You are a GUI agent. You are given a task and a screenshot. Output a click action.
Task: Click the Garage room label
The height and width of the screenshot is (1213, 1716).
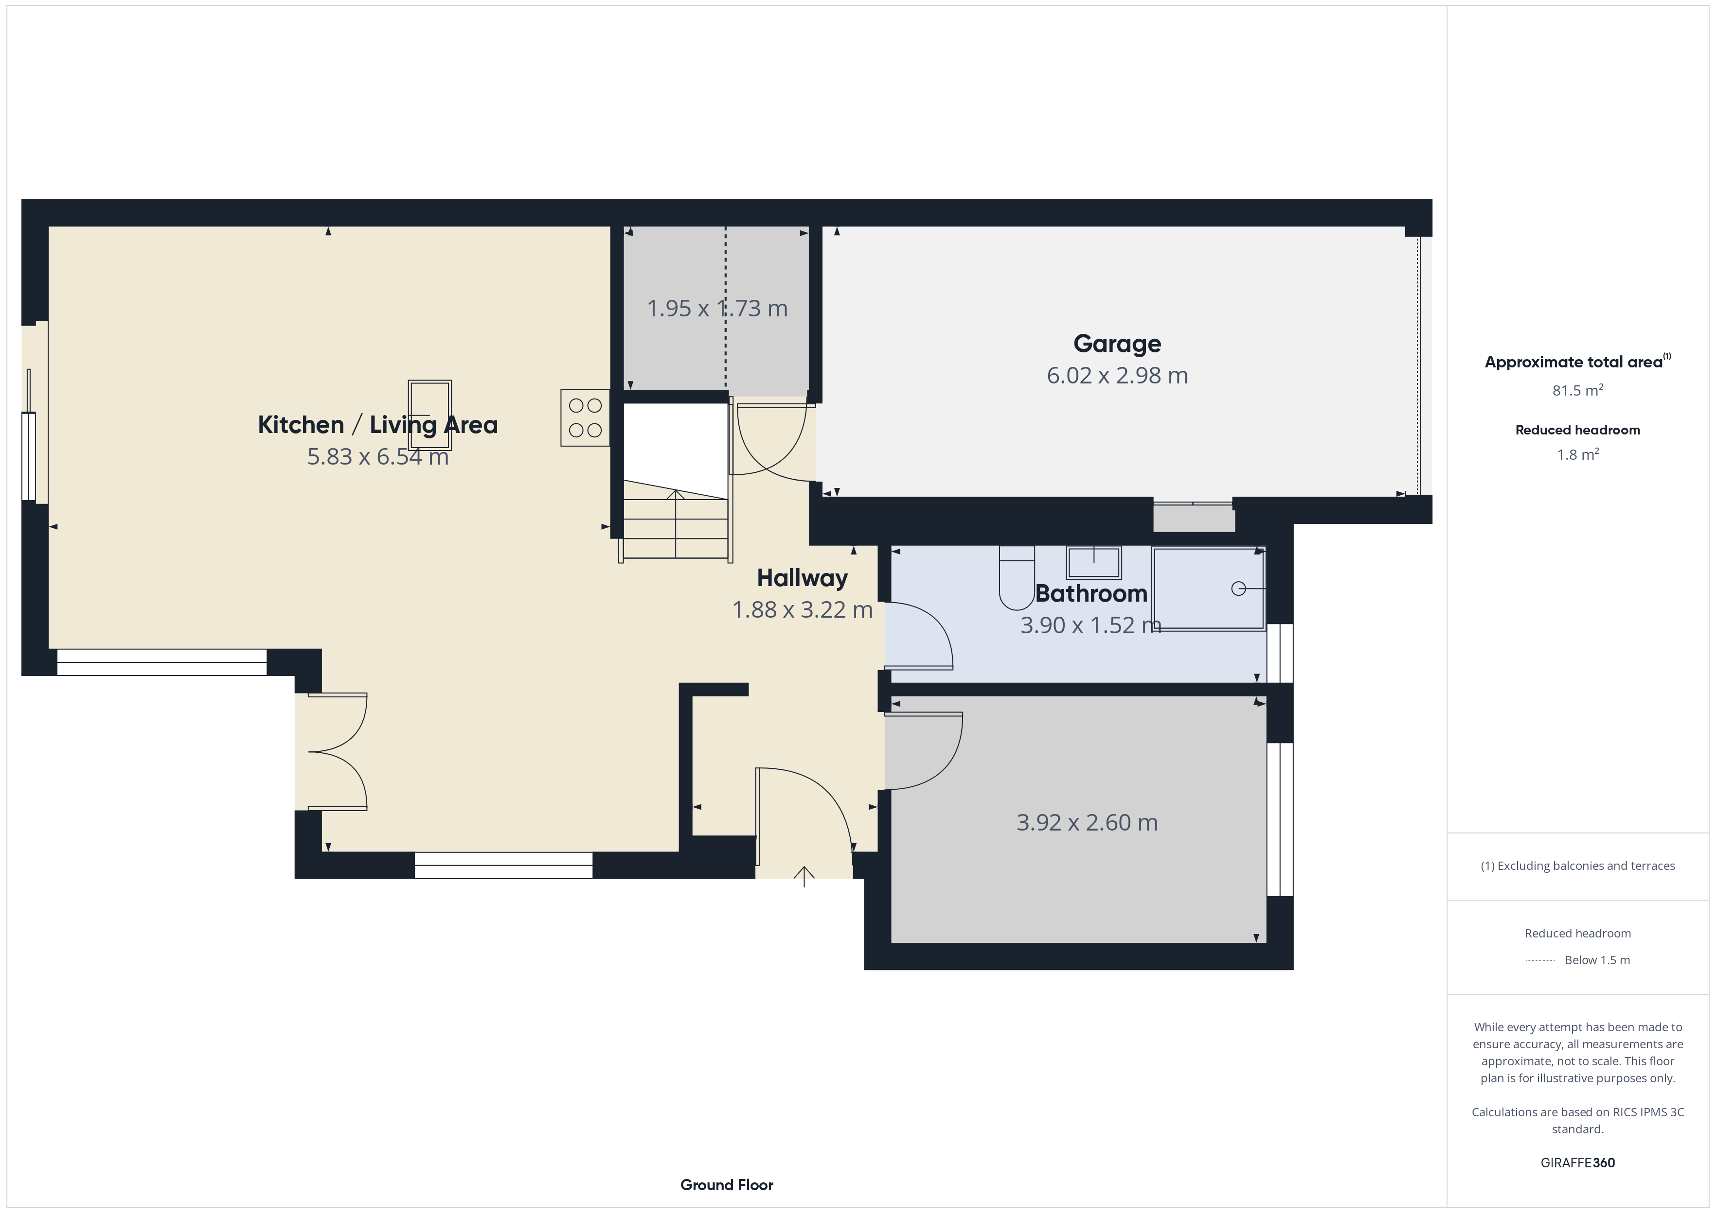click(x=1117, y=344)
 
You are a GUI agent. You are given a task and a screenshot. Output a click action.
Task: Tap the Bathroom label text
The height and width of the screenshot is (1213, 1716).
click(x=1091, y=594)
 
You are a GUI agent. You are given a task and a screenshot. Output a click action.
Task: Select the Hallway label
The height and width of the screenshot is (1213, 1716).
click(x=802, y=578)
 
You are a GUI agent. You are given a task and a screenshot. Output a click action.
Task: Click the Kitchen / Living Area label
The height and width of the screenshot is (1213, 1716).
click(x=377, y=425)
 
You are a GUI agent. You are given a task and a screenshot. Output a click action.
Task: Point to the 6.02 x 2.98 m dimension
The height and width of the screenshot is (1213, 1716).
click(x=1117, y=376)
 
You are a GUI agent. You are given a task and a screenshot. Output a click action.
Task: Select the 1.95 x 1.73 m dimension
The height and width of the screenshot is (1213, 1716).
click(x=717, y=309)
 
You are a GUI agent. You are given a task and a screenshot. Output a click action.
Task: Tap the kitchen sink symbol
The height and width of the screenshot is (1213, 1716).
click(x=430, y=415)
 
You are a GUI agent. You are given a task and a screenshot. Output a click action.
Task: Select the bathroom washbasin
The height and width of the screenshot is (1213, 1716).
click(x=1093, y=562)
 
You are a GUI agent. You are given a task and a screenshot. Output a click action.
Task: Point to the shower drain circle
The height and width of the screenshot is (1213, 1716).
click(x=1238, y=589)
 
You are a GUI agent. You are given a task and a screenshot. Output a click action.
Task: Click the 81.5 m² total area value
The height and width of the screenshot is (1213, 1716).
click(x=1578, y=390)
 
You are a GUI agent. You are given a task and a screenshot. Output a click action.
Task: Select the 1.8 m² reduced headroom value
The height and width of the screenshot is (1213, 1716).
click(x=1578, y=454)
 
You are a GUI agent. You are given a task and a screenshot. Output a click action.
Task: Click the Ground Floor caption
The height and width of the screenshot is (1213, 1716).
click(x=727, y=1185)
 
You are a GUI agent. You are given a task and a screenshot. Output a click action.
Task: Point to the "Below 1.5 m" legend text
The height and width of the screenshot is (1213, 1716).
click(x=1597, y=960)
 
